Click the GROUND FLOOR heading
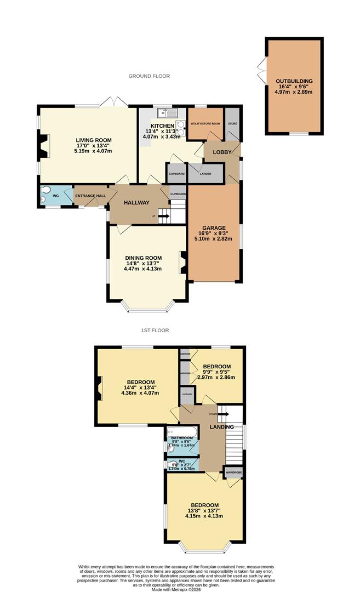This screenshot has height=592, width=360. click(149, 76)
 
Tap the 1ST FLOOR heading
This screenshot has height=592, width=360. click(155, 331)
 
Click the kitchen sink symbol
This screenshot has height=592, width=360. click(167, 113)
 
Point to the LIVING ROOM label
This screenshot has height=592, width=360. click(93, 140)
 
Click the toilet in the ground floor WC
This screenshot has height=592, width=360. click(45, 195)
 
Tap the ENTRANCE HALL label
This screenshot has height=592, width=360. click(90, 196)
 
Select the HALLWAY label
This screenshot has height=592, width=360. click(136, 203)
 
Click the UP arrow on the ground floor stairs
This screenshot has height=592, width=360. click(163, 216)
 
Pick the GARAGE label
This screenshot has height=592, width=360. click(213, 227)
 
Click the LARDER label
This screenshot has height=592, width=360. click(205, 174)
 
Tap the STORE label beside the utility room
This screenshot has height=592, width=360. click(232, 124)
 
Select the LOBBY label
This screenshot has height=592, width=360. click(221, 152)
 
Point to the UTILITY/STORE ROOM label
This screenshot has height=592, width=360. click(205, 124)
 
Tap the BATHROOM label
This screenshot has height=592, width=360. click(182, 437)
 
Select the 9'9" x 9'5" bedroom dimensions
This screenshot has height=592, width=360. click(216, 372)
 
